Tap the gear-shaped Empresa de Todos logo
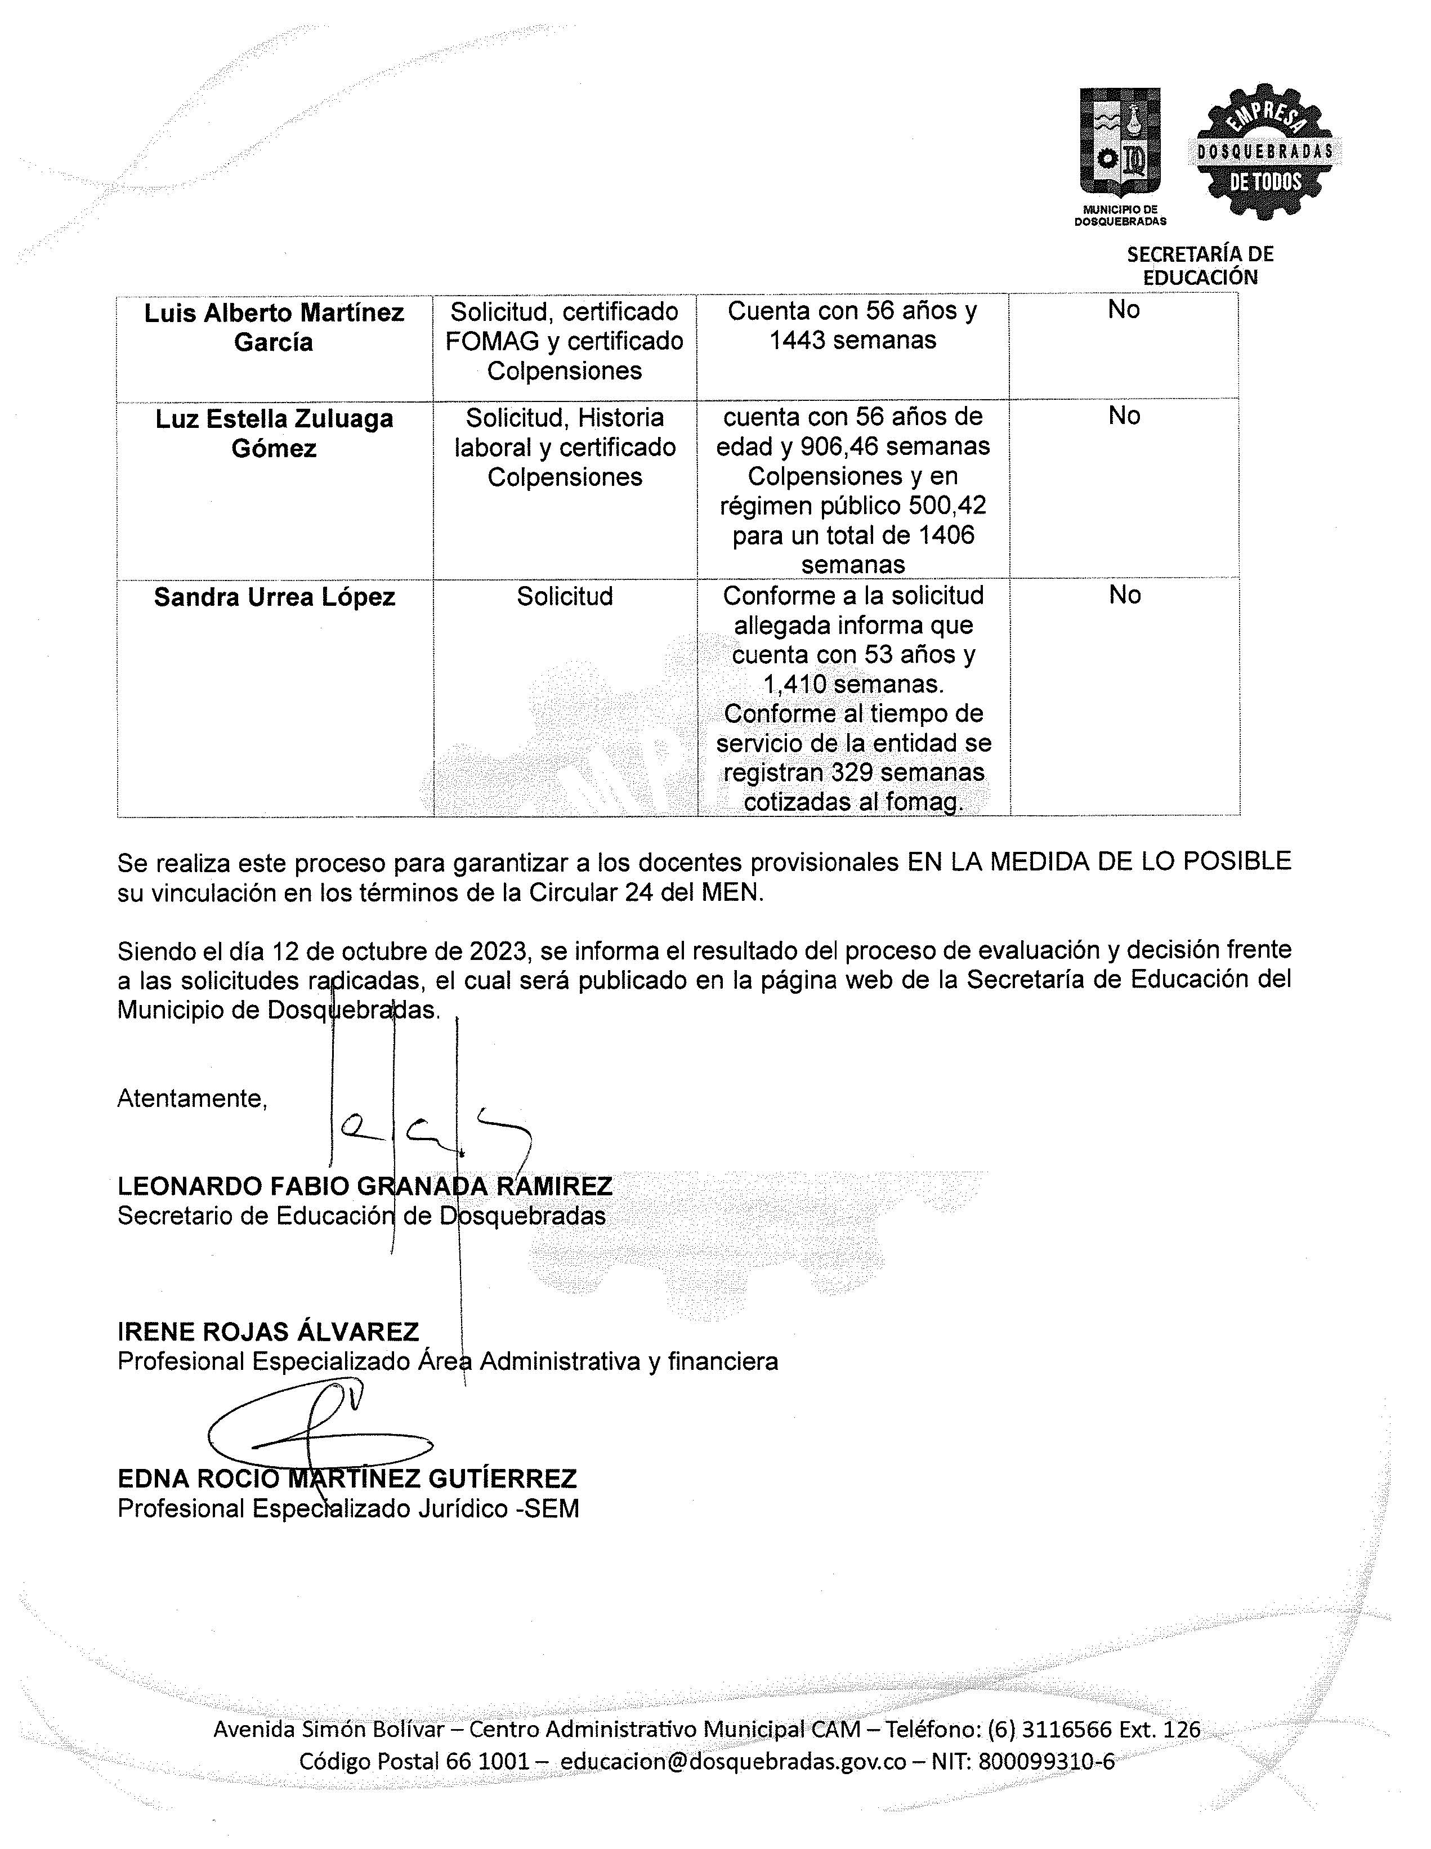(x=1264, y=153)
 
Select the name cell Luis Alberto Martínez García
(x=274, y=328)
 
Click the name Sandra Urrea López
(x=274, y=597)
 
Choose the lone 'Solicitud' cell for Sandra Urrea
(x=565, y=596)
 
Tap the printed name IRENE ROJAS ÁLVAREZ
(x=269, y=1332)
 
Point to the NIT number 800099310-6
(x=1046, y=1761)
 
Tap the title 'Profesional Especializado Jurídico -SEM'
(x=348, y=1509)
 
